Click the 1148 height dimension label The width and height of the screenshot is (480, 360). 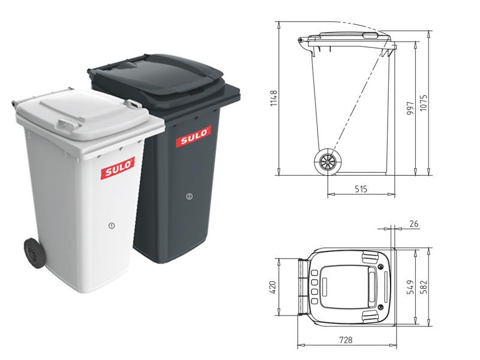coord(274,98)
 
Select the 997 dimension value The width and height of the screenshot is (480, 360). coord(410,109)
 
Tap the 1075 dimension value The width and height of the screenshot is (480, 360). coord(423,103)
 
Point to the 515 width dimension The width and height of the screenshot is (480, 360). coord(361,189)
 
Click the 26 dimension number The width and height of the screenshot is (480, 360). coord(414,224)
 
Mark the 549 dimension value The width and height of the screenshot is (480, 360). coord(410,287)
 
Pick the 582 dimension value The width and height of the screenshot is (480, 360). coord(423,287)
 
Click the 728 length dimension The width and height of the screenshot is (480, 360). coord(346,340)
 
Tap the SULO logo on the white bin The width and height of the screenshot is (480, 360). coord(118,168)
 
